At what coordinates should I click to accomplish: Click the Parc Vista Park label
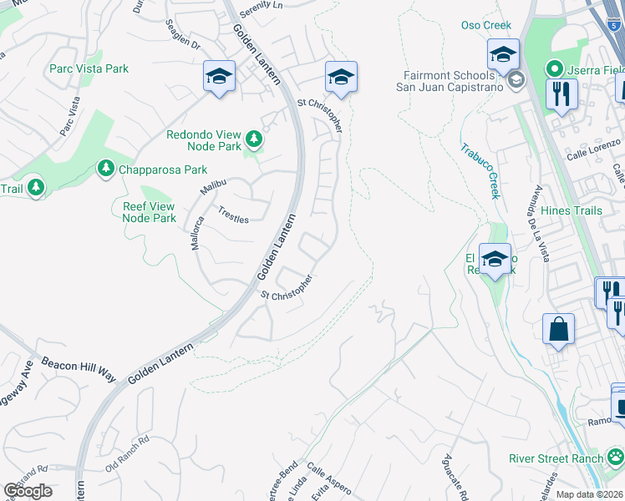point(89,68)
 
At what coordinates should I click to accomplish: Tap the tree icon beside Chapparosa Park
point(106,170)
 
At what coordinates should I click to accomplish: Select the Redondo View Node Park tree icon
point(253,137)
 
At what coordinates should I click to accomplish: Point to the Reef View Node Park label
point(149,212)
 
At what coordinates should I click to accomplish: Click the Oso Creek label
point(485,25)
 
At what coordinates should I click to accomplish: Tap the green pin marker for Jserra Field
point(552,69)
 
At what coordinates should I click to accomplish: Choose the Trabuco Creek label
point(480,171)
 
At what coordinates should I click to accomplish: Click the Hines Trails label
point(571,210)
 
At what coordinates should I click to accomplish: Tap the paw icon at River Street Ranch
point(615,457)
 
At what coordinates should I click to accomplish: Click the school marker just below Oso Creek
point(503,56)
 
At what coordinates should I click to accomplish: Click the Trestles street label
point(234,215)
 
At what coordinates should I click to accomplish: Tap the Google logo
point(28,490)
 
